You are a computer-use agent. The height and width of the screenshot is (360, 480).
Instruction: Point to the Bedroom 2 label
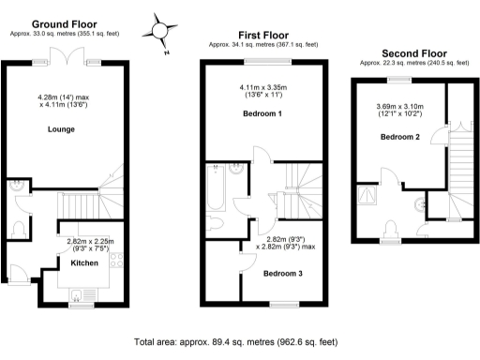[399, 137]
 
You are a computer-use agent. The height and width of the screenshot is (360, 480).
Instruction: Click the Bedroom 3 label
[282, 274]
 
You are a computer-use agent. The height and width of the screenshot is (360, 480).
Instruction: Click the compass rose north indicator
[161, 31]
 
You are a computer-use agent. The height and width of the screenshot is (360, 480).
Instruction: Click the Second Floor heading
[412, 53]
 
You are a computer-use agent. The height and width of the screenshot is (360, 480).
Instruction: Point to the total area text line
[236, 342]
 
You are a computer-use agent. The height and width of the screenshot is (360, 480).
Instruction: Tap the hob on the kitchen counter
[117, 265]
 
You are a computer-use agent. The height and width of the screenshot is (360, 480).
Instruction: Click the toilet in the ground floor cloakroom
[20, 228]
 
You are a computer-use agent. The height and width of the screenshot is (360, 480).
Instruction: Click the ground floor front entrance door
[16, 275]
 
